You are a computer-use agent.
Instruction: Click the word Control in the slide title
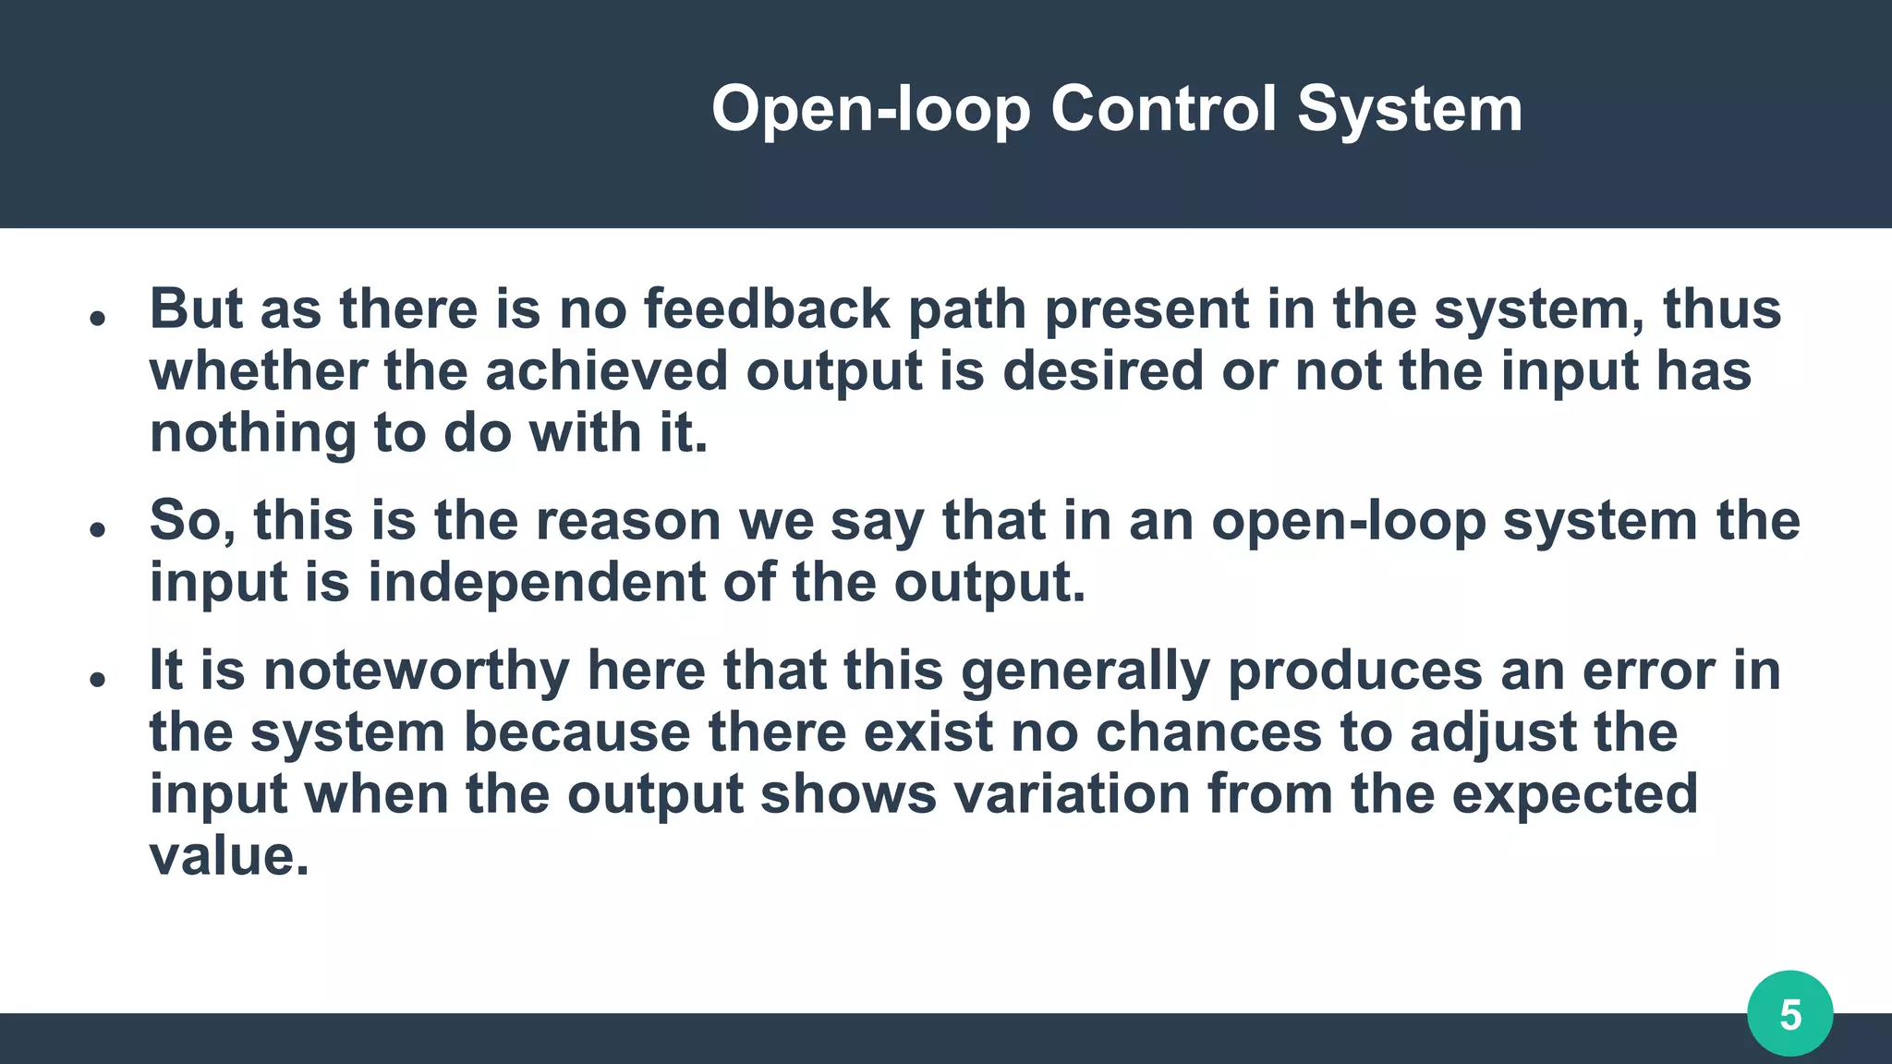coord(1163,109)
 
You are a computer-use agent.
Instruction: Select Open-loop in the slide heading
coord(870,109)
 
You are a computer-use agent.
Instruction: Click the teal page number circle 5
coord(1789,1014)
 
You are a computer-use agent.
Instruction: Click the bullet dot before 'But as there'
coord(97,319)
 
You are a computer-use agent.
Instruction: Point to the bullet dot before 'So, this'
coord(97,530)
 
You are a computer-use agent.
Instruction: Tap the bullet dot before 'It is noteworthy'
coord(97,680)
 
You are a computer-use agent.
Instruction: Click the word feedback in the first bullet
coord(767,308)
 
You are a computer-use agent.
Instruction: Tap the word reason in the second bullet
coord(627,521)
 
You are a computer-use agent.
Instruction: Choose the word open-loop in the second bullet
coord(1348,521)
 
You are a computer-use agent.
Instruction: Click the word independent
coord(536,583)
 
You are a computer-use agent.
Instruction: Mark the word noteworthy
coord(416,671)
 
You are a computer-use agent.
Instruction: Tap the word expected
coord(1574,794)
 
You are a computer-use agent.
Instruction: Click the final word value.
coord(228,856)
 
